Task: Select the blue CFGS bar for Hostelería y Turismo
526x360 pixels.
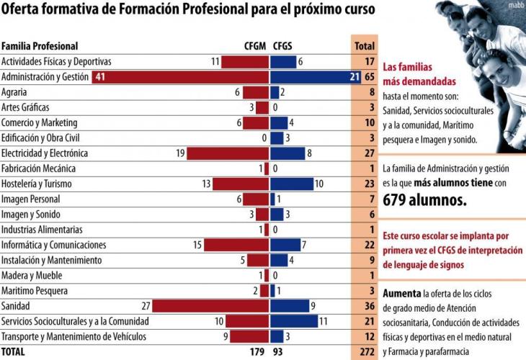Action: [292, 184]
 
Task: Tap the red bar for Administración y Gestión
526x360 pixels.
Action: [180, 77]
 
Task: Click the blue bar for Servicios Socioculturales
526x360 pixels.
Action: [294, 321]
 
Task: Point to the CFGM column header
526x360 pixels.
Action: [255, 46]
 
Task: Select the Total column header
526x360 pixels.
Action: [364, 46]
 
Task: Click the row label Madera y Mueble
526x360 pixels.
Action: [32, 276]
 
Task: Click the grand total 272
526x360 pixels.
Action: [365, 352]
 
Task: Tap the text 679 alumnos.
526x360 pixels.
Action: [424, 199]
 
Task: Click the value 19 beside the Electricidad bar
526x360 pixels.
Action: [181, 153]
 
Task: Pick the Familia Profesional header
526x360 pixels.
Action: [40, 46]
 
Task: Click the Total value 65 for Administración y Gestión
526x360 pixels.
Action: [367, 77]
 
